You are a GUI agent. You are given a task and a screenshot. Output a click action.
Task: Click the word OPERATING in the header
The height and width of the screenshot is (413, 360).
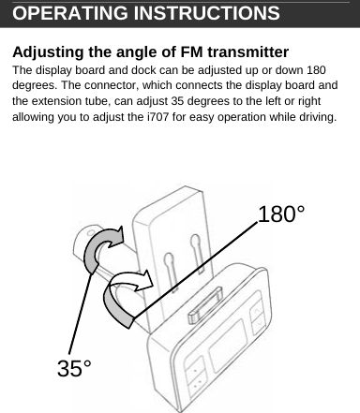tap(58, 14)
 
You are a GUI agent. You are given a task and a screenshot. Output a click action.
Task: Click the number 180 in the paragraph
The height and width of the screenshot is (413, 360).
tap(317, 70)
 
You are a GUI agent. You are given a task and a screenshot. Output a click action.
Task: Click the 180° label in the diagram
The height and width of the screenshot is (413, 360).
tap(281, 214)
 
